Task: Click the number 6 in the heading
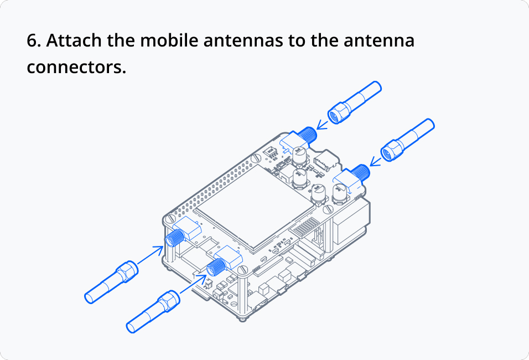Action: [32, 40]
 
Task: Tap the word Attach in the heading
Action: [74, 40]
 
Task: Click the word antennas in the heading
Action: [243, 40]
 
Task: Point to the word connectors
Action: [76, 67]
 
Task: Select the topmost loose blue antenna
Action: [354, 102]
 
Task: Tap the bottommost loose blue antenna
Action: [153, 312]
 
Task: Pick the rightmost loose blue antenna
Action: [408, 140]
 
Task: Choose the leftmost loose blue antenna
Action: [111, 282]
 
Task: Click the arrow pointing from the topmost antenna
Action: [322, 125]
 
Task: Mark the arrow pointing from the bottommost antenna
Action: [193, 284]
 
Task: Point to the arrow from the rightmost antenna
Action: [376, 162]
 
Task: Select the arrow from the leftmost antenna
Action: [151, 255]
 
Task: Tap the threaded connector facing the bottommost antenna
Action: [216, 268]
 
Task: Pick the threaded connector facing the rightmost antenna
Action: [361, 172]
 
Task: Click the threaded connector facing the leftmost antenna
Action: [175, 238]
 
